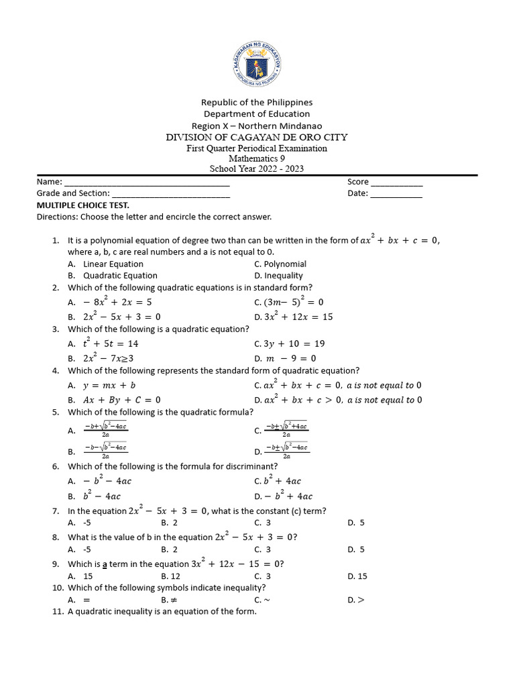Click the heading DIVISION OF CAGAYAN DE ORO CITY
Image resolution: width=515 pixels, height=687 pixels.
click(x=257, y=137)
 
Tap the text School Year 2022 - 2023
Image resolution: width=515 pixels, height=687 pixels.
click(x=257, y=168)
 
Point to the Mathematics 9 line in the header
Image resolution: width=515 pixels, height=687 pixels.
click(x=257, y=158)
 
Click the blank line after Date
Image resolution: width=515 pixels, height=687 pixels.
click(x=396, y=194)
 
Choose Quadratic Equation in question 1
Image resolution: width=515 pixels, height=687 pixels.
click(x=119, y=275)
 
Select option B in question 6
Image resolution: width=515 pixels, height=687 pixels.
click(x=101, y=496)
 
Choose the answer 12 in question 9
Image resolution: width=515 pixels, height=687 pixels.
click(x=175, y=576)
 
